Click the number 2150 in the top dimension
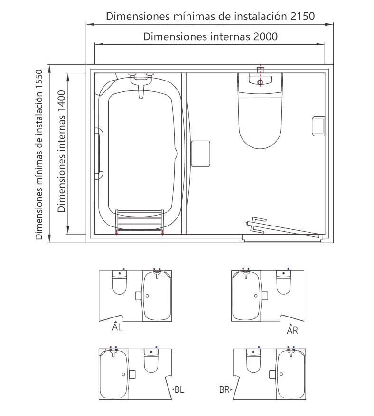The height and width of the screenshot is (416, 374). pos(302,16)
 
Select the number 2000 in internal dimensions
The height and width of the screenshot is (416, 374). pos(265,36)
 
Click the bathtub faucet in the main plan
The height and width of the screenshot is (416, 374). pos(141,83)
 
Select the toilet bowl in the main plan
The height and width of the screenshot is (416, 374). pos(260,123)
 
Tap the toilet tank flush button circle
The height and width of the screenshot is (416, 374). pos(260,82)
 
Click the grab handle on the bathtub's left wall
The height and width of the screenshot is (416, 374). pos(99,154)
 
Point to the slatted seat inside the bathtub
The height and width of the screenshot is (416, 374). pos(140,221)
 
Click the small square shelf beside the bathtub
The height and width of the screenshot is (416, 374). pos(200,154)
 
